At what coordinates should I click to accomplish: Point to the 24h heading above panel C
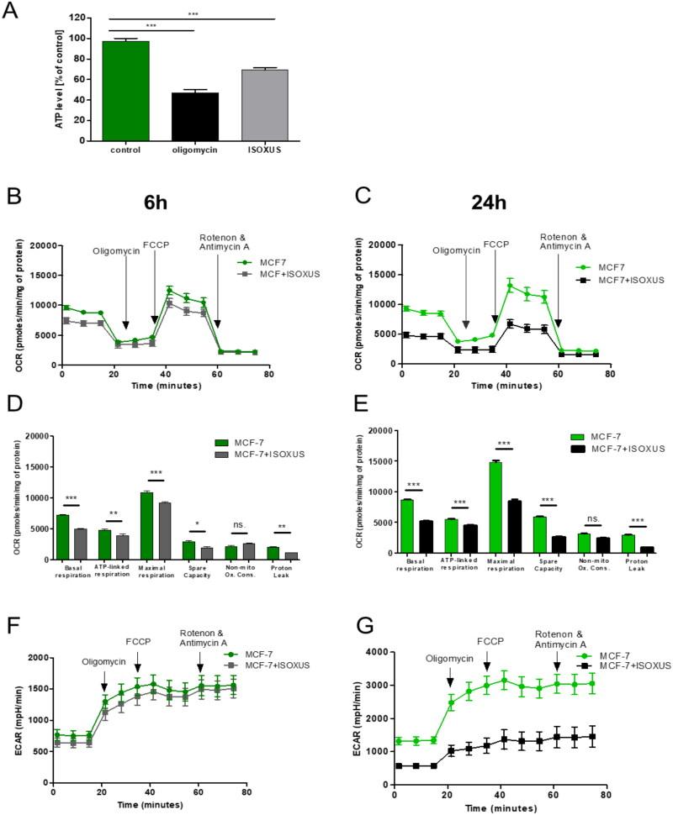pos(504,204)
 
